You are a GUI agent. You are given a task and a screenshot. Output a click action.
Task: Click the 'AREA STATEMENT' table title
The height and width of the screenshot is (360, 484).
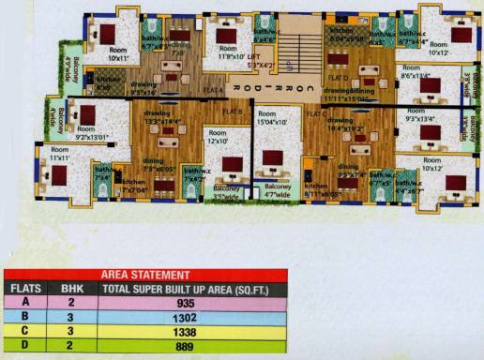[141, 274]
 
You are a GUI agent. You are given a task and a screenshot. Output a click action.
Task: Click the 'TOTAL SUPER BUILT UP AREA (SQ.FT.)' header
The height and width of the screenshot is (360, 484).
[193, 290]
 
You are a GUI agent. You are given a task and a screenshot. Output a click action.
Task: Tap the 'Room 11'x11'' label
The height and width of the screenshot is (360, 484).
[60, 154]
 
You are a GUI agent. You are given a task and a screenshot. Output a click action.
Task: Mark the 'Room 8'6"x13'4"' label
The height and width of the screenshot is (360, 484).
[415, 73]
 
